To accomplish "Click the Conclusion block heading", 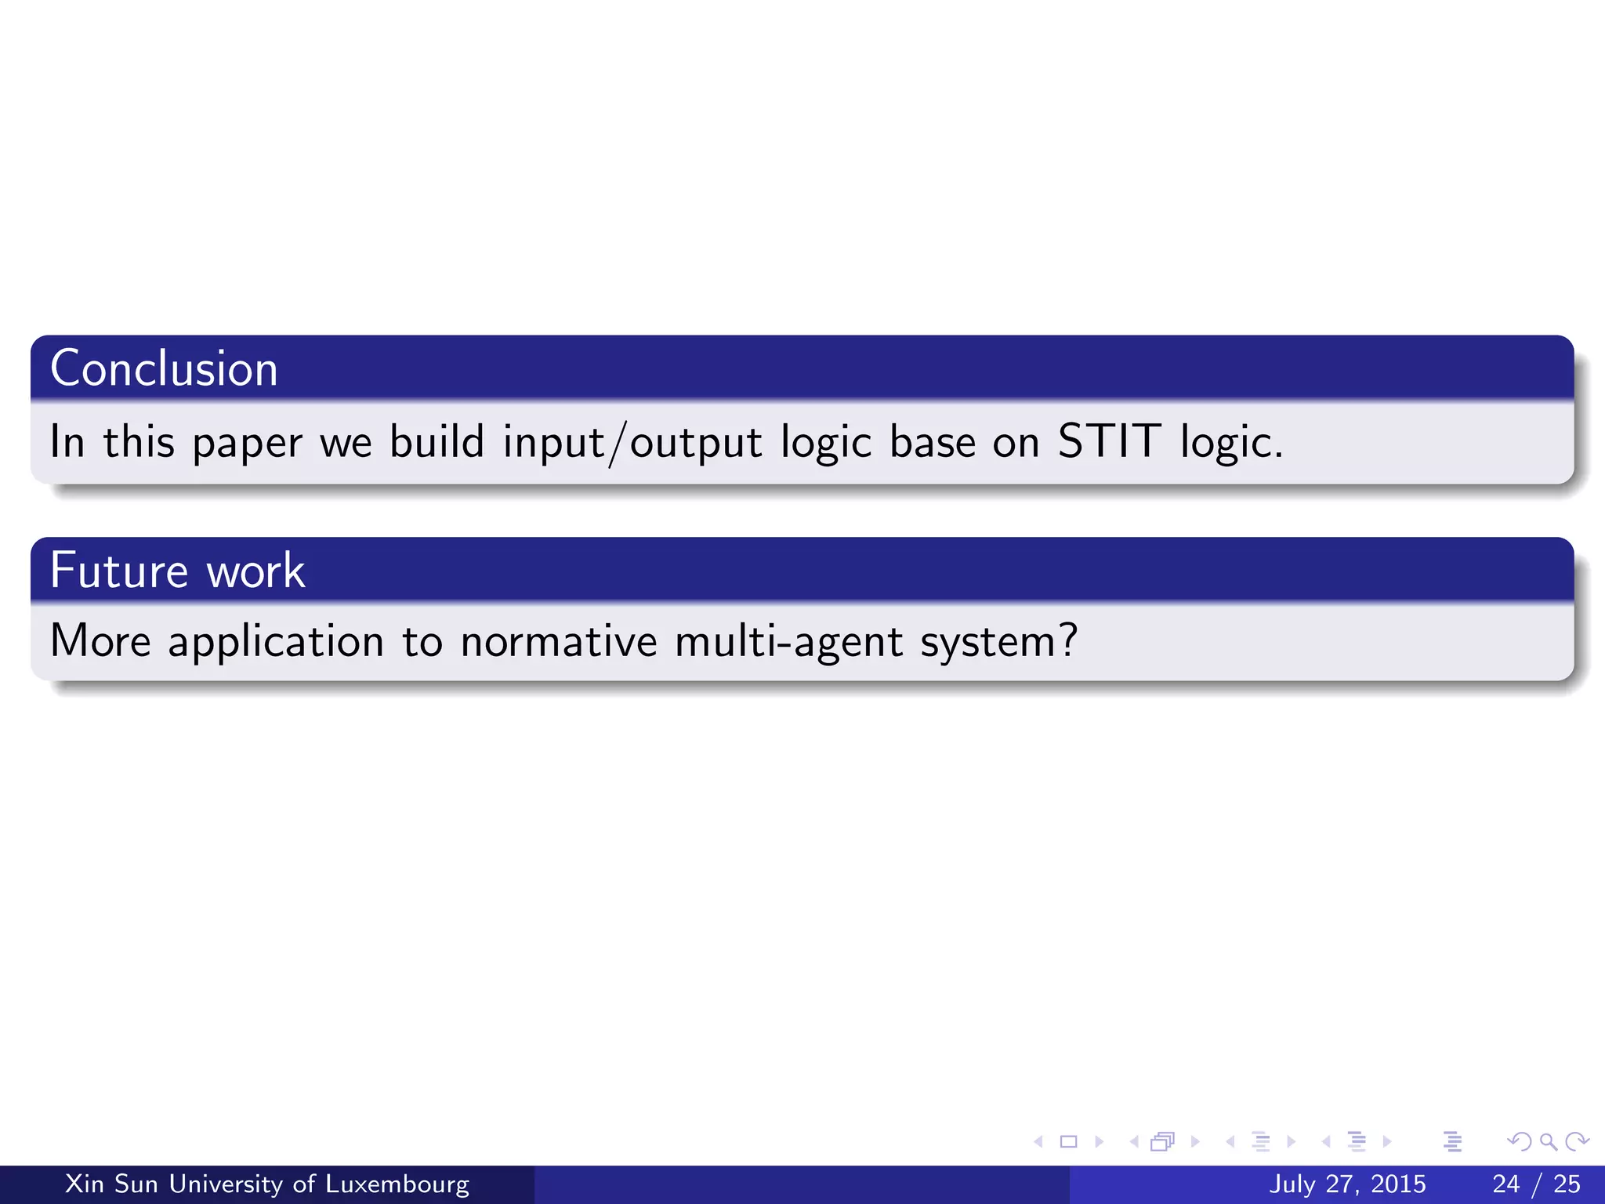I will tap(164, 368).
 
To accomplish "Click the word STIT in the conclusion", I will tap(1109, 441).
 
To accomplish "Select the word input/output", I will tap(632, 443).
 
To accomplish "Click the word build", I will tap(437, 441).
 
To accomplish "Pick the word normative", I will tap(558, 641).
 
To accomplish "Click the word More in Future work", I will tap(100, 641).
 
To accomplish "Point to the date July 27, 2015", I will tap(1347, 1184).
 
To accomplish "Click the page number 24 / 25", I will tap(1536, 1184).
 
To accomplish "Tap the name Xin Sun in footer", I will tap(111, 1184).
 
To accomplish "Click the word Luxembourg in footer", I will tap(397, 1184).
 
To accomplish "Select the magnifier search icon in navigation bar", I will tap(1548, 1142).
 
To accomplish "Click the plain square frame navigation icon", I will tap(1068, 1142).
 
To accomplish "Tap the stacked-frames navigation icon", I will tap(1162, 1142).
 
